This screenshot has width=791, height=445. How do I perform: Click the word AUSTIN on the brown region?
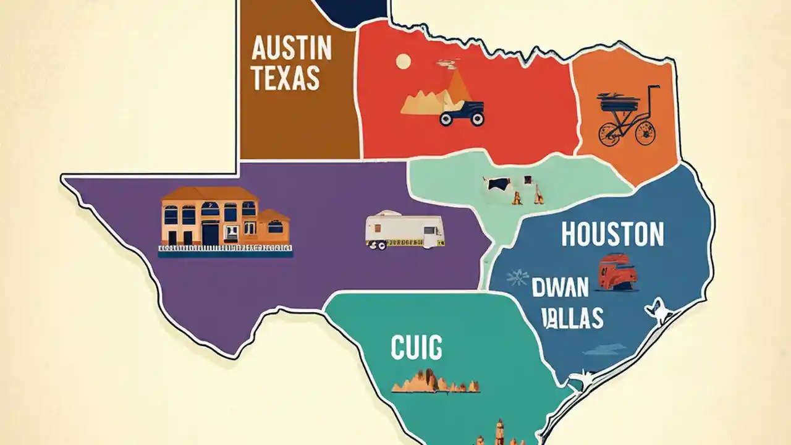coord(292,49)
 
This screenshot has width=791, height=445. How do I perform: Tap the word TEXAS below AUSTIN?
coord(286,78)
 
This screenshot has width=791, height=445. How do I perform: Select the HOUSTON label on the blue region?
coord(612,235)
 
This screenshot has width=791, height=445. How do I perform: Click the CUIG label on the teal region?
coord(417,348)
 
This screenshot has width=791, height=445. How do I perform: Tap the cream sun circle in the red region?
coord(403,61)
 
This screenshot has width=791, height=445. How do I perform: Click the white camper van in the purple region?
coord(404,231)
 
